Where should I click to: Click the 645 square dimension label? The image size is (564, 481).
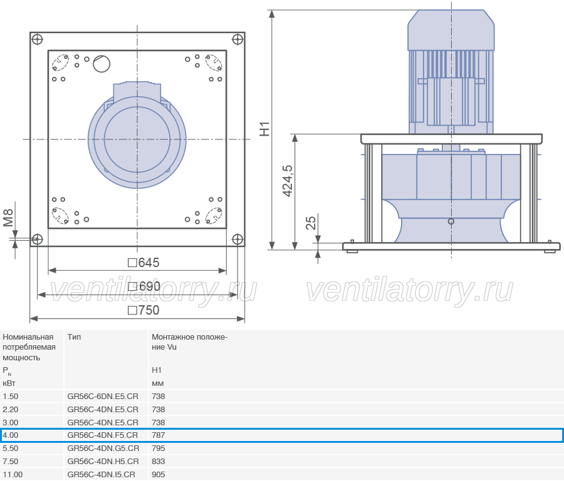[144, 263]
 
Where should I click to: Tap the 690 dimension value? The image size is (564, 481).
[144, 286]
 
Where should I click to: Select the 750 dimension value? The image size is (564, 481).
[144, 310]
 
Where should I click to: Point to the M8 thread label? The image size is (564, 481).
[8, 218]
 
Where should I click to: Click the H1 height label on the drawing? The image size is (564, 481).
[264, 129]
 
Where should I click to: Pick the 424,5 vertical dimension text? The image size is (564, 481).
[288, 181]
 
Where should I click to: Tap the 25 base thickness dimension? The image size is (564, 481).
[311, 223]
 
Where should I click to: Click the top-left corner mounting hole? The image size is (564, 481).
[38, 39]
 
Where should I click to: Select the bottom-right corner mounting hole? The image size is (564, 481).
[238, 239]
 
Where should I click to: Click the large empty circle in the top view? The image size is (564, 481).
[102, 64]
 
